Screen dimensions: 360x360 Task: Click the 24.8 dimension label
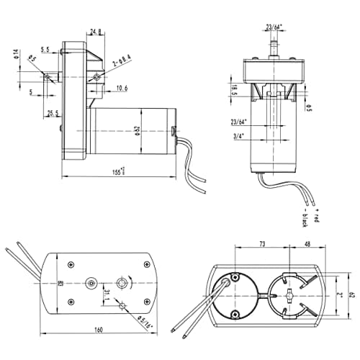click(94, 32)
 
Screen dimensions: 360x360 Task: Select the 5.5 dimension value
click(45, 50)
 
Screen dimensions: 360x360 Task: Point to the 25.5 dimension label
click(52, 114)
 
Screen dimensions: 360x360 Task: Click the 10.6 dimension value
click(122, 89)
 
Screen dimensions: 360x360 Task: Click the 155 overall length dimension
click(118, 171)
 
